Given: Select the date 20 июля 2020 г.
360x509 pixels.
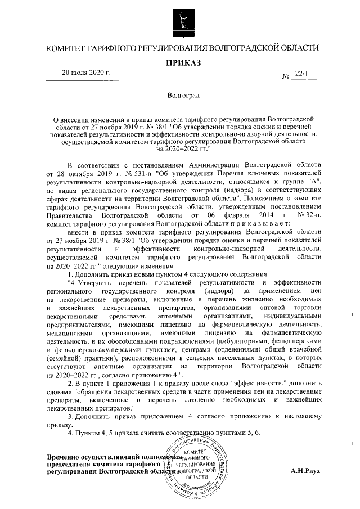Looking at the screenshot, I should pos(86,73).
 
